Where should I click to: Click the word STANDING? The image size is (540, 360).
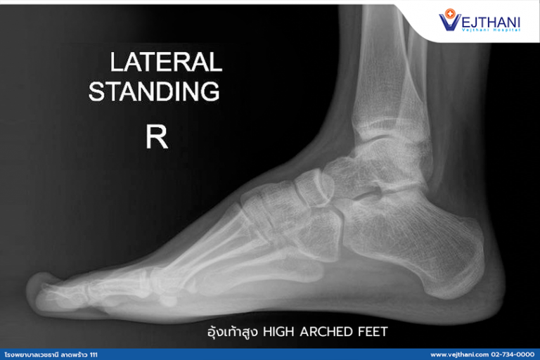(154, 91)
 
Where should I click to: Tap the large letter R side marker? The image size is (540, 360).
(156, 137)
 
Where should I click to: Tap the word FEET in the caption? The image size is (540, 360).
(372, 331)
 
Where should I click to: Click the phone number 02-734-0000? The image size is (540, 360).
(514, 354)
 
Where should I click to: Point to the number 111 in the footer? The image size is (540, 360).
(94, 354)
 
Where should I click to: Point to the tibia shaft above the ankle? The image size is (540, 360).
(383, 63)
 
